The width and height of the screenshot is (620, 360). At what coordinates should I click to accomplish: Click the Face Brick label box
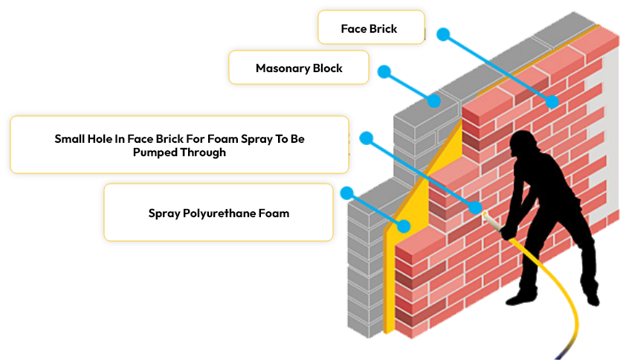tap(370, 28)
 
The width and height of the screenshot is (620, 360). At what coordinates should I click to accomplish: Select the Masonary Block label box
tap(299, 68)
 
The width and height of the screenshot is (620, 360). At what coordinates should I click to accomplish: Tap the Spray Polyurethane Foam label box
tap(219, 213)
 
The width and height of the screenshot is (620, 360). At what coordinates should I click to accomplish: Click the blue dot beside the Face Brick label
tap(443, 34)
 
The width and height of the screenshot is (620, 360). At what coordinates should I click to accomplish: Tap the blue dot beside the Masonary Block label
tap(384, 71)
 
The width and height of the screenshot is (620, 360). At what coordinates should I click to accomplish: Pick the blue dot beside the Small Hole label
tap(366, 138)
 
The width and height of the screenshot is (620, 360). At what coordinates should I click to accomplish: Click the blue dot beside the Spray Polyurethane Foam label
tap(346, 193)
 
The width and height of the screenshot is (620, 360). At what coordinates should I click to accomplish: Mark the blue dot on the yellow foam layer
tap(404, 226)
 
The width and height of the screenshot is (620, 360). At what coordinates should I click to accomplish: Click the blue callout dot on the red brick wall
tap(552, 101)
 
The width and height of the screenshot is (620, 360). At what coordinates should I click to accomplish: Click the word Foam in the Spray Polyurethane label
tap(273, 213)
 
